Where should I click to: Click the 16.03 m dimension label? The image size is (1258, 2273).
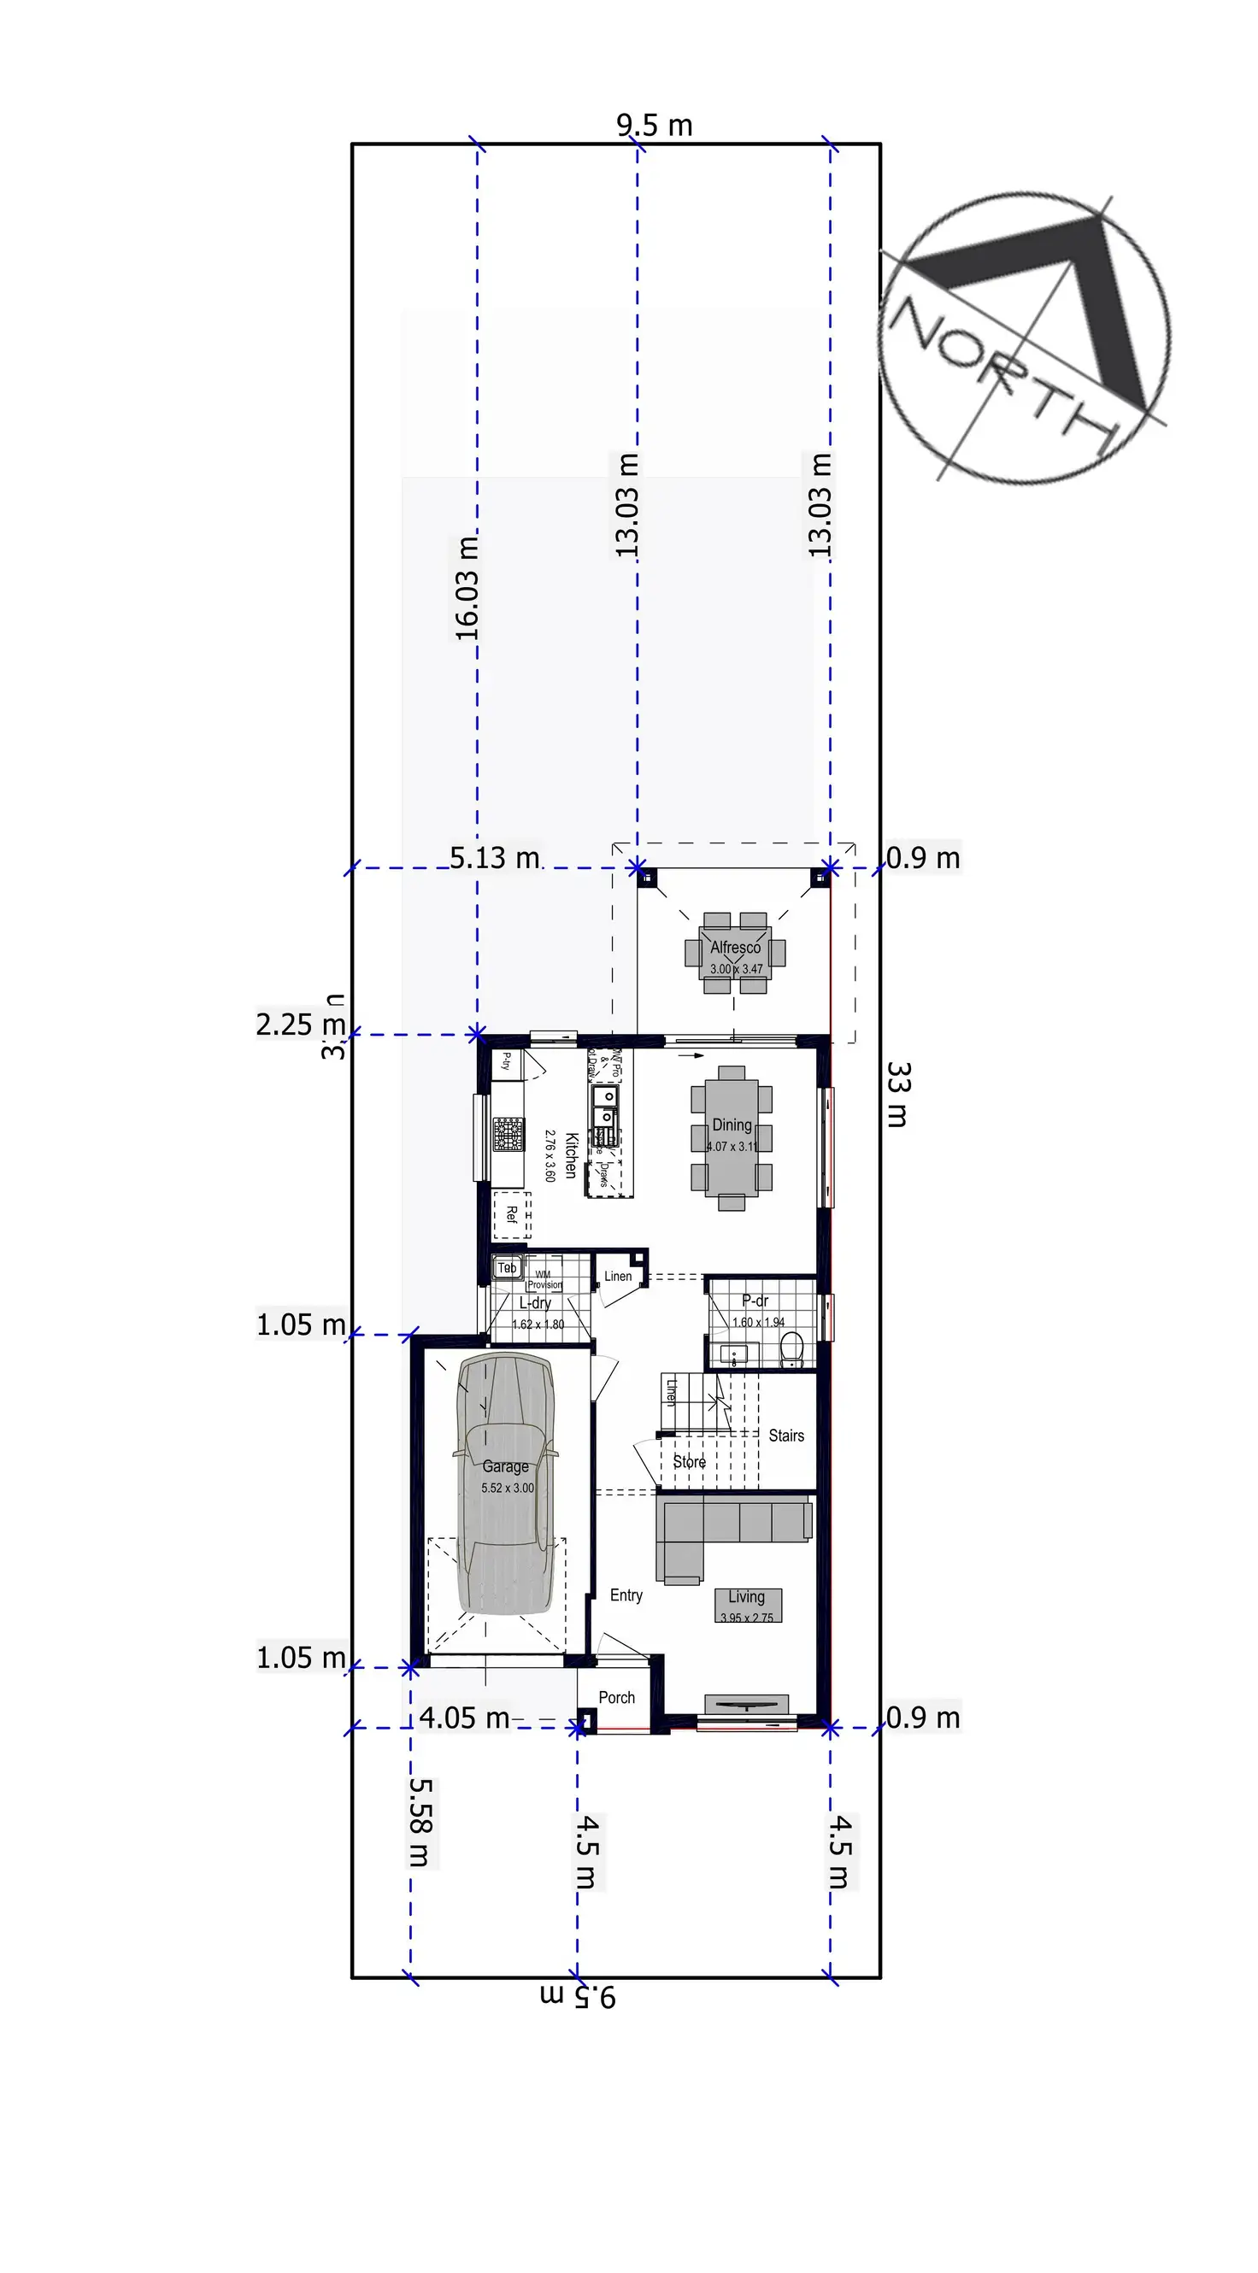pos(467,588)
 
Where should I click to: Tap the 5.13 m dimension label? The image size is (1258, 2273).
pos(494,858)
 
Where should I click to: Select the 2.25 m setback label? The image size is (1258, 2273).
pos(300,1025)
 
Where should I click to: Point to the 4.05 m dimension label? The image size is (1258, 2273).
pos(464,1718)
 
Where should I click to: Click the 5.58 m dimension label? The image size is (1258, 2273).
pos(420,1823)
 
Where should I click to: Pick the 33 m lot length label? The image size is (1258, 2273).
pos(897,1095)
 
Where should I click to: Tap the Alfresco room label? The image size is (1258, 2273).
pos(735,948)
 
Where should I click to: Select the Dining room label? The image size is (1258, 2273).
pos(732,1125)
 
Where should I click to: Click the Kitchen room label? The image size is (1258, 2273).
pos(571,1155)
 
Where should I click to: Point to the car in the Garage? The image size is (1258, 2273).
pos(504,1483)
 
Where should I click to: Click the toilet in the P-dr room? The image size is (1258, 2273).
pos(791,1350)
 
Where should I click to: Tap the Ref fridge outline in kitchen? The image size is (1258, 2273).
pos(512,1215)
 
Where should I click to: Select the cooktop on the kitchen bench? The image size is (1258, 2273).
pos(508,1134)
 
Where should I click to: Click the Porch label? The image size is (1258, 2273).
pos(616,1698)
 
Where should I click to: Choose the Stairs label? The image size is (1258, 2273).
pos(785,1436)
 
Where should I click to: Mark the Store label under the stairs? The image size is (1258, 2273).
pos(689,1462)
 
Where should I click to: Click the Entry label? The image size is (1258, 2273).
pos(626,1595)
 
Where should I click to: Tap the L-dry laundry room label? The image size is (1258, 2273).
pos(535,1303)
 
